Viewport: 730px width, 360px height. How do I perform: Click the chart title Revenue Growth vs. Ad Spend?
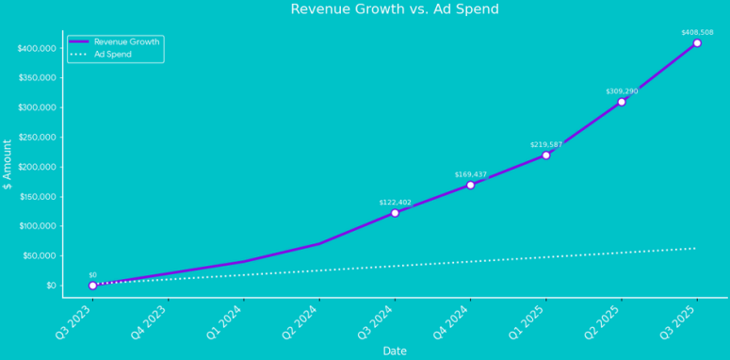395,9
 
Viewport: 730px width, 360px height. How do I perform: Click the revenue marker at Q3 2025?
697,43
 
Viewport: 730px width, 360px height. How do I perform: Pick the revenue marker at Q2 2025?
622,102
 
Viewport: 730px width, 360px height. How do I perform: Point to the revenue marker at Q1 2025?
545,155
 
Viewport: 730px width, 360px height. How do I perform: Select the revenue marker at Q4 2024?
470,185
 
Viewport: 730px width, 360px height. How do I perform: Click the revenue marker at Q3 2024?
395,213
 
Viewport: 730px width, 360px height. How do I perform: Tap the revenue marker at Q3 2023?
92,285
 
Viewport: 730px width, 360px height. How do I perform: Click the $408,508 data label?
697,32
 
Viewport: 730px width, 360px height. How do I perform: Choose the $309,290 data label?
622,91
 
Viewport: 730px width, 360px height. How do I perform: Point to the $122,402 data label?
395,203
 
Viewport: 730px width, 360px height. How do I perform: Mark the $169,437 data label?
470,174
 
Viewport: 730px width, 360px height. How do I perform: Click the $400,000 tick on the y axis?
38,48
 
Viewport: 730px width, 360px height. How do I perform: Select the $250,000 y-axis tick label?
38,138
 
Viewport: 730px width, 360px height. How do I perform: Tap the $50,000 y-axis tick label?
41,255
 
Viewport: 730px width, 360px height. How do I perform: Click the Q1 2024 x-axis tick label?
225,321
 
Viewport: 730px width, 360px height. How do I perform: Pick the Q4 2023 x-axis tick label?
150,321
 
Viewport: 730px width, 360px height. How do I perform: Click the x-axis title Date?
395,351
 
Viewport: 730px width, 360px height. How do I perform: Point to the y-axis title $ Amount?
8,165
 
